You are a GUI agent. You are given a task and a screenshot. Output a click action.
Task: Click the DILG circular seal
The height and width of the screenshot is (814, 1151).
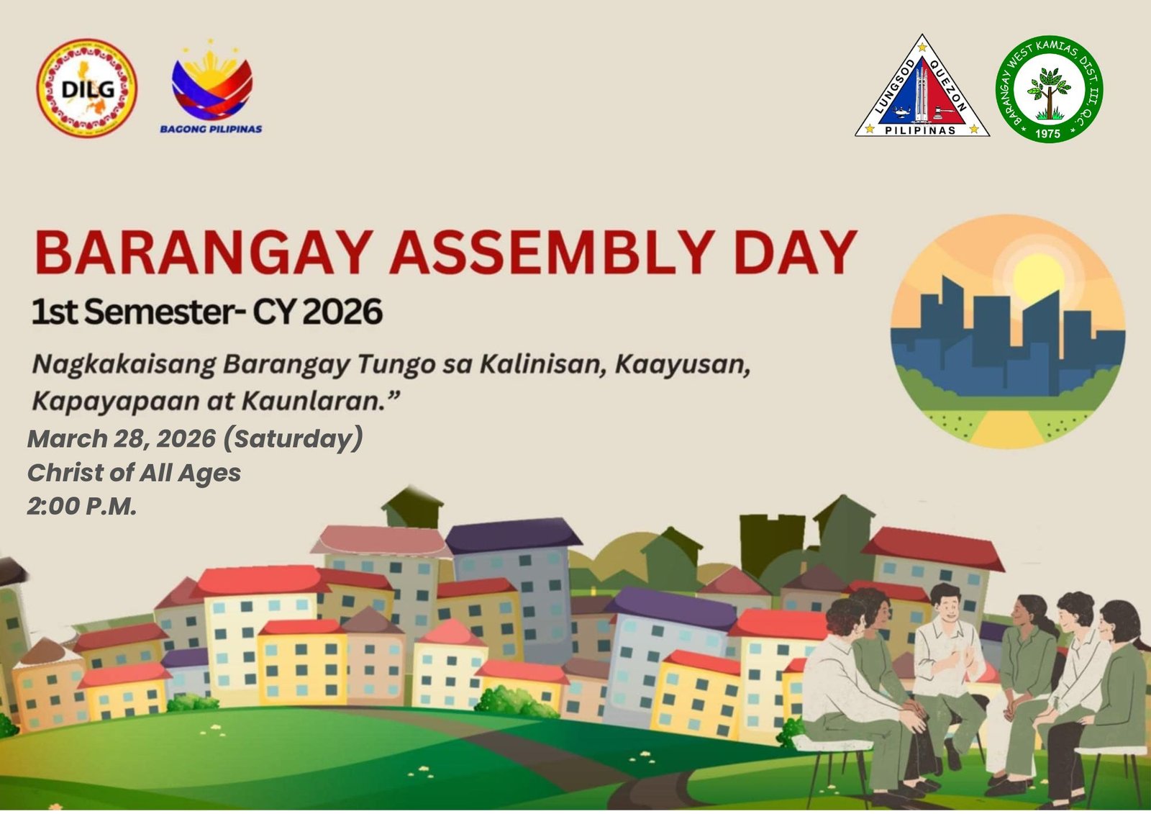click(x=87, y=88)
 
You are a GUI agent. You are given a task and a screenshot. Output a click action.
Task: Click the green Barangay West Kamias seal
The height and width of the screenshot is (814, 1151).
click(x=1049, y=89)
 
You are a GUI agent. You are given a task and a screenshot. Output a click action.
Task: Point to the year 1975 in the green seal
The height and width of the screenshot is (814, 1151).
click(x=1048, y=133)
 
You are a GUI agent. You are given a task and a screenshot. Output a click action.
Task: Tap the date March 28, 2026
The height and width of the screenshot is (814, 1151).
click(x=122, y=438)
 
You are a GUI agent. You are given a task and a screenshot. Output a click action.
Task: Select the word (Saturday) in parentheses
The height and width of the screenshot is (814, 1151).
click(x=294, y=438)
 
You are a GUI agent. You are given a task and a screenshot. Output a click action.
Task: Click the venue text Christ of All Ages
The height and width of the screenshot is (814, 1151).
click(x=134, y=473)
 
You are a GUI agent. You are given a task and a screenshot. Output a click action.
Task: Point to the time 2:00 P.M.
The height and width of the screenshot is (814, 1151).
click(x=82, y=507)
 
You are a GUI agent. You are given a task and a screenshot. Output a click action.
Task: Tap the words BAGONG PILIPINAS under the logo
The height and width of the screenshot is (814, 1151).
click(x=211, y=129)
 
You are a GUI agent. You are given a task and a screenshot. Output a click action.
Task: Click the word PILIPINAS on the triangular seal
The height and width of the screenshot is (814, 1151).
click(x=920, y=130)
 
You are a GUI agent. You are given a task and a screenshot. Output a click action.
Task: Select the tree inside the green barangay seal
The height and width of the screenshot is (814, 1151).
click(x=1048, y=91)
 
